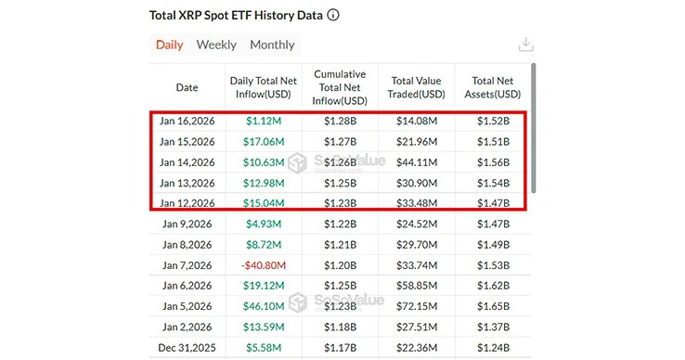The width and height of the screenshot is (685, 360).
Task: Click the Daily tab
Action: tap(169, 45)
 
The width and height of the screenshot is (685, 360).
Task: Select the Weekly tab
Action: tap(216, 45)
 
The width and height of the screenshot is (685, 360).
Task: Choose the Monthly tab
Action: tap(272, 45)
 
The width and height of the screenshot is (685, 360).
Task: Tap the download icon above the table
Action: tap(525, 45)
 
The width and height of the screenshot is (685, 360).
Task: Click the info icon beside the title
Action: tap(334, 16)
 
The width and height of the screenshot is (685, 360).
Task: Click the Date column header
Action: tap(187, 88)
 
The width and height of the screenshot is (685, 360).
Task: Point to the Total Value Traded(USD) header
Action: tap(417, 87)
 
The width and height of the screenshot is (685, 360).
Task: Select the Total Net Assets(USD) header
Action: tap(493, 87)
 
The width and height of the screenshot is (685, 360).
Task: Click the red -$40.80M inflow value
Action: tap(264, 264)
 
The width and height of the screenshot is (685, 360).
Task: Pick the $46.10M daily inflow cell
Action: tap(264, 305)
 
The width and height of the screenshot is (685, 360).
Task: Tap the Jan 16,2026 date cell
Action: tap(187, 121)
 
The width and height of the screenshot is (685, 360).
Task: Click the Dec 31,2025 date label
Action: tap(187, 347)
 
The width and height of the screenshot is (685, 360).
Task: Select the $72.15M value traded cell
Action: tap(417, 305)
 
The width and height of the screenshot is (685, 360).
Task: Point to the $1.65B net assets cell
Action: tap(493, 305)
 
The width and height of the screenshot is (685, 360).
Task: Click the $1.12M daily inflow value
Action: tap(264, 121)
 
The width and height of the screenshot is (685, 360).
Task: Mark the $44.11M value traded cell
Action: tap(417, 162)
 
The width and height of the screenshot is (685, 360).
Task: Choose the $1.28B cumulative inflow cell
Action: tap(340, 121)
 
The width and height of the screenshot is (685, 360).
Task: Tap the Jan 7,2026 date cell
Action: tap(187, 264)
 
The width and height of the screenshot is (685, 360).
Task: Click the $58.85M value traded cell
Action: tap(417, 285)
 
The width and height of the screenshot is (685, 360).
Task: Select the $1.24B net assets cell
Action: tap(493, 347)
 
